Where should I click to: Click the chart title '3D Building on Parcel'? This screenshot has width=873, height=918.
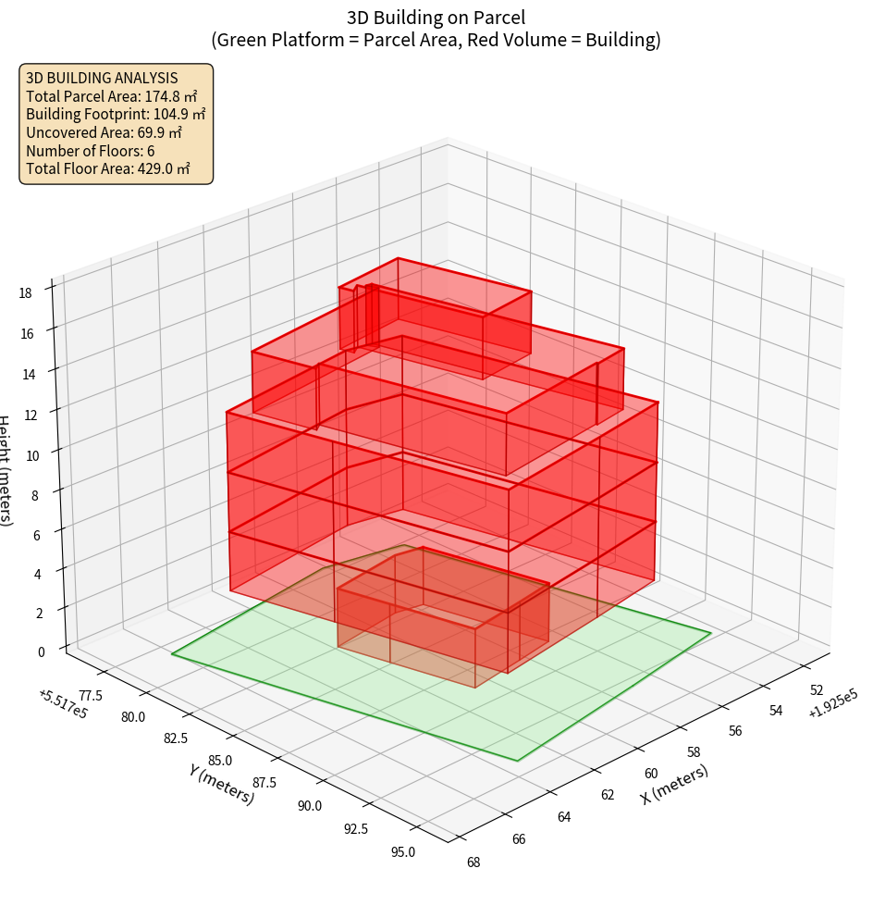(436, 18)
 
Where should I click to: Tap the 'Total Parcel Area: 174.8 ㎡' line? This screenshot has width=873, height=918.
(112, 96)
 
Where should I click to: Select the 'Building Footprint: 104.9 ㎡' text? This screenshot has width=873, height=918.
(116, 114)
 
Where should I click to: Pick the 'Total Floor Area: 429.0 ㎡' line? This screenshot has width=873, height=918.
(108, 168)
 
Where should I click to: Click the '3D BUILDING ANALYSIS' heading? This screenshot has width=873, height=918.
(102, 78)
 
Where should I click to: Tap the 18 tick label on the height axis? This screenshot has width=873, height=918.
(25, 293)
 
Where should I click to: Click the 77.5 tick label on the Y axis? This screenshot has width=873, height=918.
(92, 695)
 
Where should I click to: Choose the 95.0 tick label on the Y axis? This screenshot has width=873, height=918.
(404, 851)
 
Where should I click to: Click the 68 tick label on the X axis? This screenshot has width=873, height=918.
(473, 862)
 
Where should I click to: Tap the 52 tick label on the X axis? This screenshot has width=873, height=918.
(817, 690)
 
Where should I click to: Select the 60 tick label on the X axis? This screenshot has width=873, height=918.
(651, 774)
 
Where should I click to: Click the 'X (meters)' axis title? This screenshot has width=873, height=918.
(675, 785)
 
